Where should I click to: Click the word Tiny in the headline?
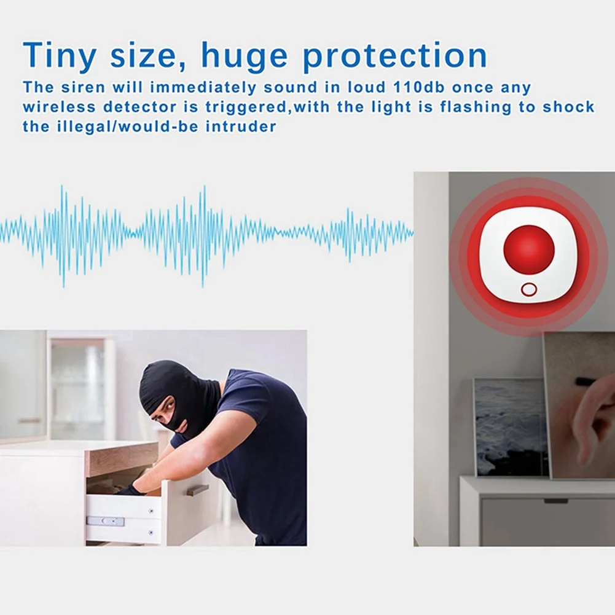60,56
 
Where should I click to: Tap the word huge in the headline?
245,57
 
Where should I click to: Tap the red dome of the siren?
529,251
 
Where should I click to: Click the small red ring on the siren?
529,290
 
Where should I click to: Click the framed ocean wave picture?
510,428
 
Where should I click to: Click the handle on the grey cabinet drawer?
556,501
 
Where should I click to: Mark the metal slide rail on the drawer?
105,521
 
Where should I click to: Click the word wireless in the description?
59,107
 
